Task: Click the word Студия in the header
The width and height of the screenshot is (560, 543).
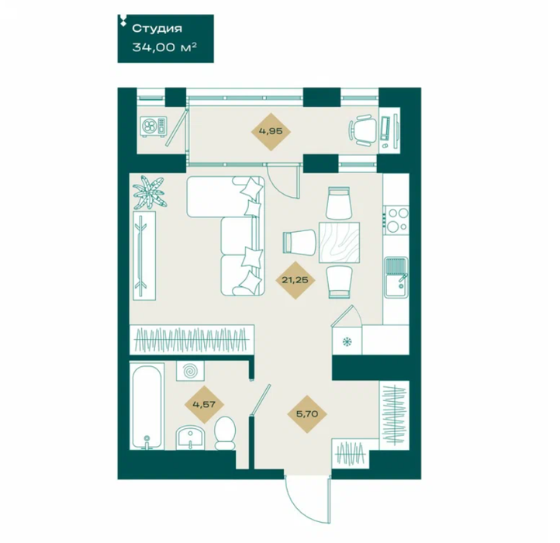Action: (x=157, y=29)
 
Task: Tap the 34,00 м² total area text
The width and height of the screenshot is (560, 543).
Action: (x=164, y=47)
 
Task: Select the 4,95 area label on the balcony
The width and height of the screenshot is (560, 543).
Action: (x=271, y=131)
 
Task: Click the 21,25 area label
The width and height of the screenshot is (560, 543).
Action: (x=295, y=280)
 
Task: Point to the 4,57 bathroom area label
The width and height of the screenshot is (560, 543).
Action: (x=204, y=404)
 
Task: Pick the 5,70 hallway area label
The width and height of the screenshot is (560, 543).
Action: (x=307, y=414)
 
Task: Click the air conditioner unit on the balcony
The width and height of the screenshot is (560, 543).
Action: (x=154, y=126)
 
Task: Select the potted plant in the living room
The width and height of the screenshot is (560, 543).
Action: (x=150, y=192)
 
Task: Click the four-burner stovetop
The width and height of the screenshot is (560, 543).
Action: (x=396, y=219)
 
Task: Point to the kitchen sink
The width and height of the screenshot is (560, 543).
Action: (x=396, y=277)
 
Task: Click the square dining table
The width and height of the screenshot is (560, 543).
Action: (x=339, y=243)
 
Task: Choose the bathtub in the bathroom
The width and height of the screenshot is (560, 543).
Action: (x=147, y=406)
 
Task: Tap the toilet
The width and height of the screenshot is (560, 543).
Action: (x=225, y=432)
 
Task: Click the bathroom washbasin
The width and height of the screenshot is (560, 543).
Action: (x=190, y=438)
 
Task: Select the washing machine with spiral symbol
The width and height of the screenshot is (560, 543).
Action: (x=190, y=371)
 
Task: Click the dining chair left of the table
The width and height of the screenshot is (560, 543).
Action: (x=299, y=241)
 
